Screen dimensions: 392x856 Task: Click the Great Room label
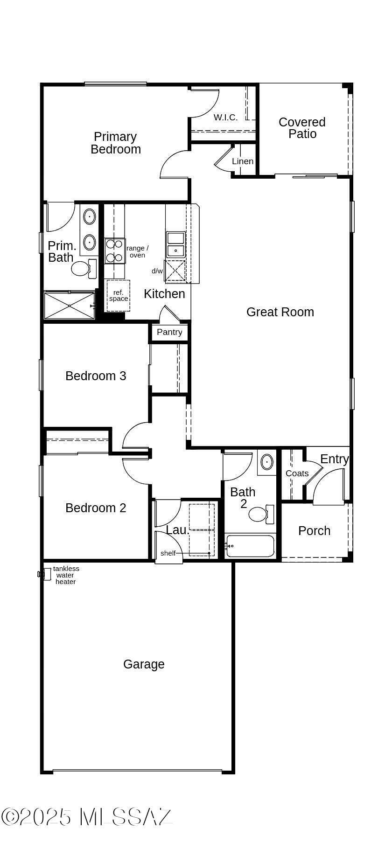point(280,312)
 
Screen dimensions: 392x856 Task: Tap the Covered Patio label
point(302,128)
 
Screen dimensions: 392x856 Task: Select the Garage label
point(144,664)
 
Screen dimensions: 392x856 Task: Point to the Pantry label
point(169,332)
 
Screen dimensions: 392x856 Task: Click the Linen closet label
point(243,161)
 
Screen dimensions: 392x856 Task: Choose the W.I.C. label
point(225,118)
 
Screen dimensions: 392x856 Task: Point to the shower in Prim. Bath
point(69,305)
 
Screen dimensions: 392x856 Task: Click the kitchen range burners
point(115,251)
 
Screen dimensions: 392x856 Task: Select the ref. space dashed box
point(118,296)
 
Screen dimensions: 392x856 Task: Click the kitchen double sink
point(176,244)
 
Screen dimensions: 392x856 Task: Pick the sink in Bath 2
point(266,462)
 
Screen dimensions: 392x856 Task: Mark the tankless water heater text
point(66,575)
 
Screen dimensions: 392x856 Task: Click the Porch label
point(314,531)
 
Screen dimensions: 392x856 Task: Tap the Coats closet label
point(297,473)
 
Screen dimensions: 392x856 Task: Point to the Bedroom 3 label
point(96,376)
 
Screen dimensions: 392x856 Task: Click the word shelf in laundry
point(168,553)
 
